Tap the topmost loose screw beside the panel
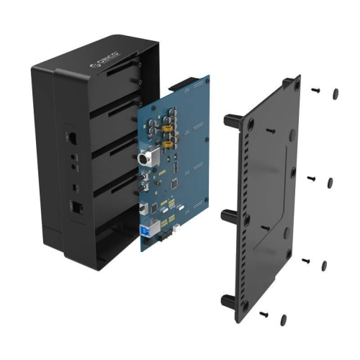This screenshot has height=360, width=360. click(x=315, y=90)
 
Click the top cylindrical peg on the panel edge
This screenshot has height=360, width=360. click(x=232, y=120)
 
